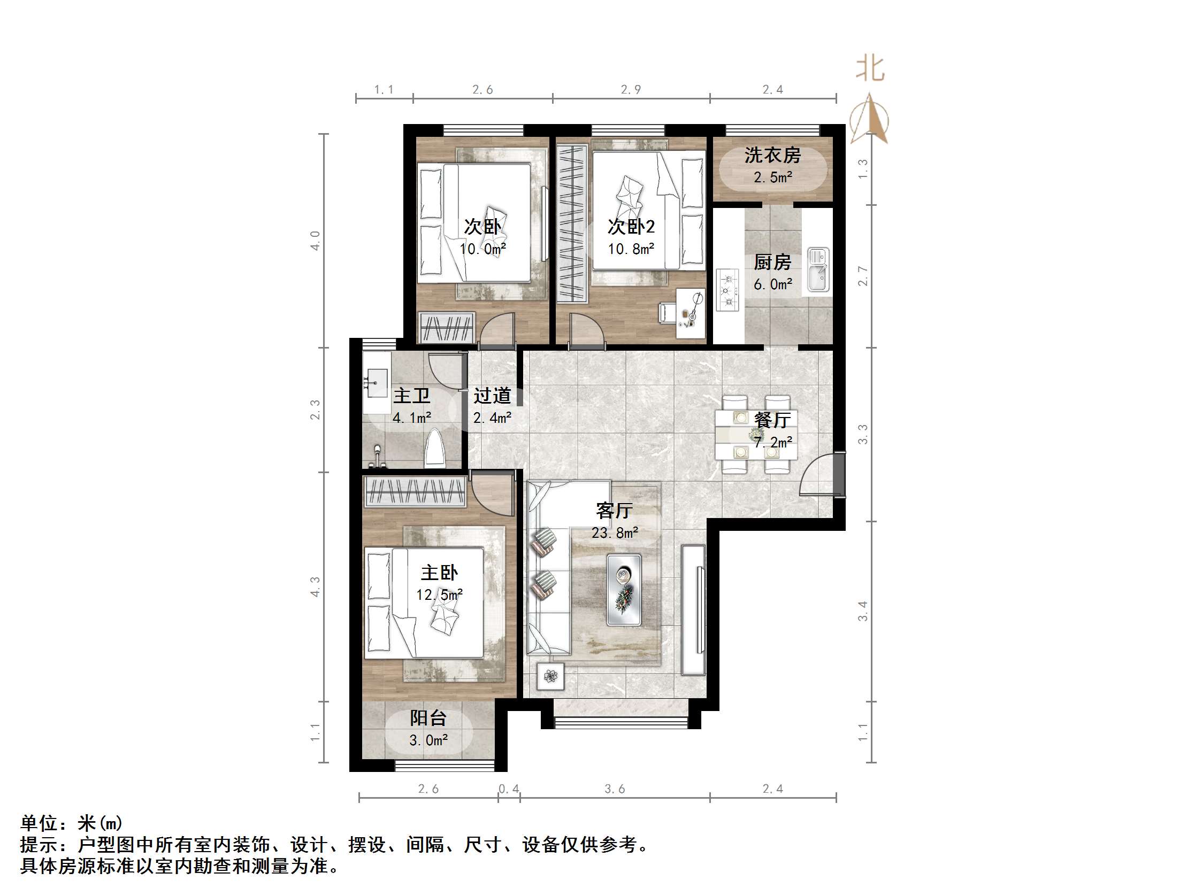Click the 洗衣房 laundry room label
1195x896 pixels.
[x=772, y=156]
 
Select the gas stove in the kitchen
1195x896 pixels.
[x=727, y=290]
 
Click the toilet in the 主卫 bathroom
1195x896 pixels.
[x=434, y=449]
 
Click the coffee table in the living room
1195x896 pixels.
[x=624, y=590]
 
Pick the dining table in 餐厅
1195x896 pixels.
[x=756, y=434]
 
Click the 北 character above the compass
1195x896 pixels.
[x=870, y=69]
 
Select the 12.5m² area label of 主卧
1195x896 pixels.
[x=439, y=595]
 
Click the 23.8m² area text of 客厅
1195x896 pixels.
[x=615, y=533]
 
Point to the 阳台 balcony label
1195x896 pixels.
[x=428, y=718]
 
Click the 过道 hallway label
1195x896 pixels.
[x=492, y=396]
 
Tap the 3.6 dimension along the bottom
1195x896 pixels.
[x=615, y=789]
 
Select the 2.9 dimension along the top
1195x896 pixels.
[x=631, y=90]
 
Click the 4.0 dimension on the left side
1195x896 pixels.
[x=315, y=241]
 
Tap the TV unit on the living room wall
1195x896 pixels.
[x=693, y=610]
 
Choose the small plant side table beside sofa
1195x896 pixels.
[x=550, y=676]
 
